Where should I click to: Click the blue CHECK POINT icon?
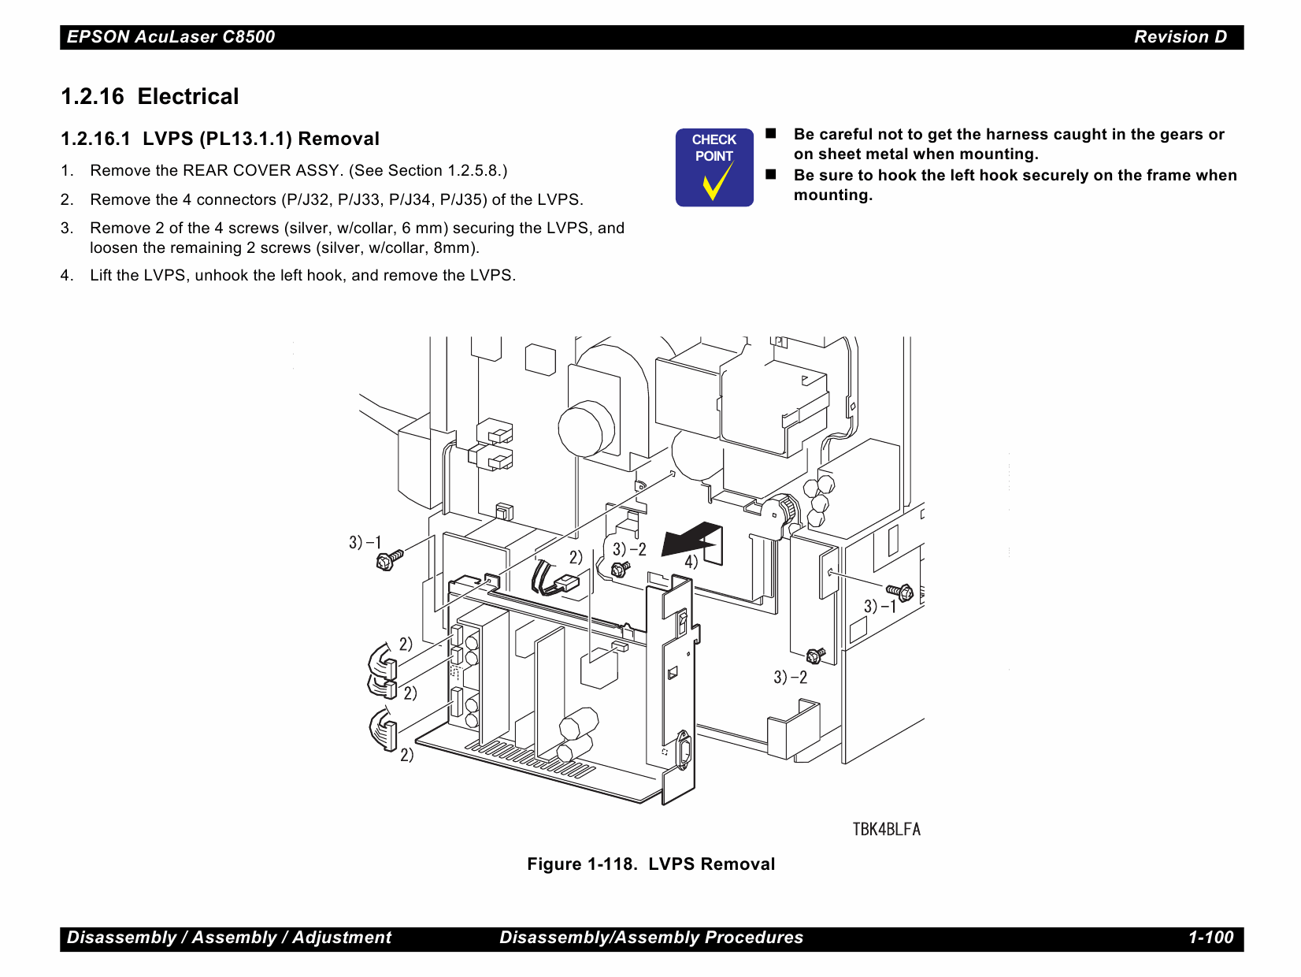pos(714,168)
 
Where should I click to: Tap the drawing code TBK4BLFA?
pos(886,829)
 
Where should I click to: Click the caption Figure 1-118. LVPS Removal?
pos(650,864)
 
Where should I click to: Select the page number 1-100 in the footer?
pos(1210,938)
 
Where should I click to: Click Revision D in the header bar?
pos(1180,37)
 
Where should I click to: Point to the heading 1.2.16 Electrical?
pos(150,97)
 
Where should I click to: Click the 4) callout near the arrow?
pos(691,562)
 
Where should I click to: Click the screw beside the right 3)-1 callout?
pos(899,592)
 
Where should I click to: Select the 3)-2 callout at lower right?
pos(790,678)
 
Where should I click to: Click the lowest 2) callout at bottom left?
pos(406,755)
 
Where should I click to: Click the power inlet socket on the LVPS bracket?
pos(684,750)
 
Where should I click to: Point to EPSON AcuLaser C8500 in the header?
pos(171,37)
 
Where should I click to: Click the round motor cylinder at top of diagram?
pos(585,429)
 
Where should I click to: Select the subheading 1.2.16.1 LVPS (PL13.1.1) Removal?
pos(221,139)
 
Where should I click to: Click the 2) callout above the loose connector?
pos(576,558)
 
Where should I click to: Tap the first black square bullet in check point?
pos(771,134)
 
